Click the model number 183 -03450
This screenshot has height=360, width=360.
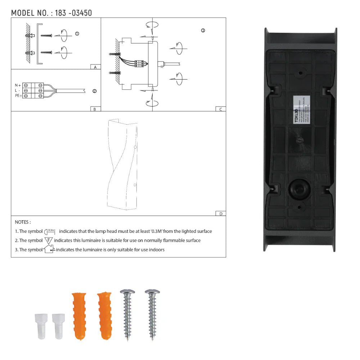coord(73,13)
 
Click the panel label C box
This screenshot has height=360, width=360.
coord(220,109)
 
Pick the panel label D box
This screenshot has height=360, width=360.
coord(220,213)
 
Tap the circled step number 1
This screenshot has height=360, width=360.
coord(77,33)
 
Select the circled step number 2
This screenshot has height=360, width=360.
coord(94,91)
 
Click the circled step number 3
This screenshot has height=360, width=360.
coord(203,31)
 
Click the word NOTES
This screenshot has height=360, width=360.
coord(23,222)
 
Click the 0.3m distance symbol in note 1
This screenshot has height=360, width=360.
coord(50,231)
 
